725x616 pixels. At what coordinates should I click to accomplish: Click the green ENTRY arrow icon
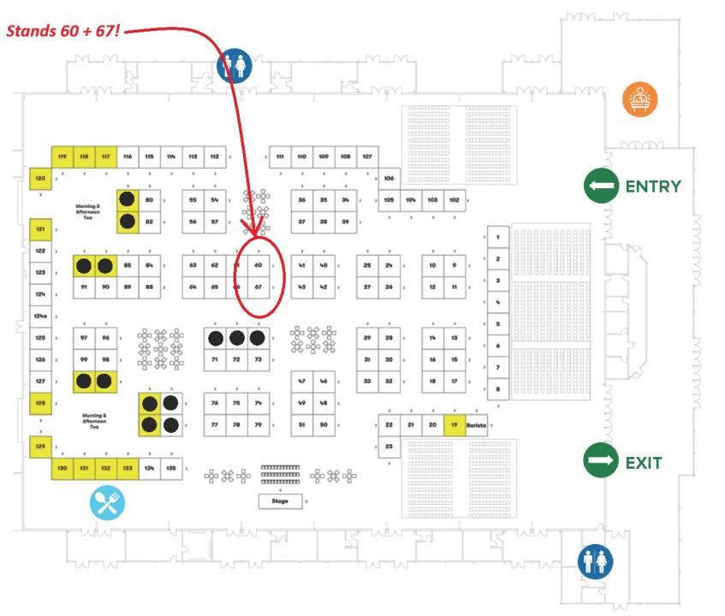tap(602, 187)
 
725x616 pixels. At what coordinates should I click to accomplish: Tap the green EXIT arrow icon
tap(601, 462)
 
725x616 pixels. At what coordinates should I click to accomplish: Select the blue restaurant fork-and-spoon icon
tap(107, 504)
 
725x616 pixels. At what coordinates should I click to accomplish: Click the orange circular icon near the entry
tap(639, 99)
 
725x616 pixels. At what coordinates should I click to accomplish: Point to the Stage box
tap(281, 500)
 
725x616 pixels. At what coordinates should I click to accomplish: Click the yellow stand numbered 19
tap(455, 424)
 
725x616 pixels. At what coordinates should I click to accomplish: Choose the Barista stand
tap(476, 424)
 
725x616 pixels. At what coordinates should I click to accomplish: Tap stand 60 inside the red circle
tap(258, 265)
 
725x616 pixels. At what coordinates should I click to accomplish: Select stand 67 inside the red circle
tap(258, 287)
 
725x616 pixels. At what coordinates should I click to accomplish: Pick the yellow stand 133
tap(127, 468)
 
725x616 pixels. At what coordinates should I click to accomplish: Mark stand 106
tap(389, 179)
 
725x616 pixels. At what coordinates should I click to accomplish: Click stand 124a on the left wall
tap(40, 317)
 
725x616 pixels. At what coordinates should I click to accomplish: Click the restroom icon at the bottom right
tap(596, 562)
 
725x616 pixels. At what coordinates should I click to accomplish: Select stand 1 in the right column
tap(497, 235)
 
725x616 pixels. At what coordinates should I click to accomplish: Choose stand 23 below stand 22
tap(389, 447)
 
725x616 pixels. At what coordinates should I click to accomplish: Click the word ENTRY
tap(653, 187)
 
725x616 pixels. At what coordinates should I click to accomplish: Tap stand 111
tap(280, 157)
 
